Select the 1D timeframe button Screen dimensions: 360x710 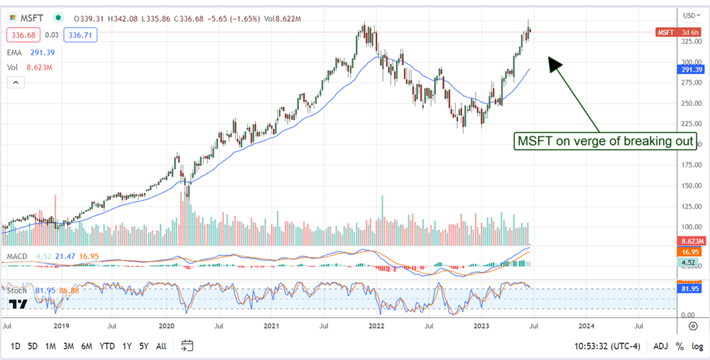pyautogui.click(x=16, y=346)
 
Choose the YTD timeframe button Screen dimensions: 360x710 pyautogui.click(x=108, y=346)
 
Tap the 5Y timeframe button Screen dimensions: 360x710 pyautogui.click(x=143, y=346)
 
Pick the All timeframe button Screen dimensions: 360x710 pyautogui.click(x=161, y=346)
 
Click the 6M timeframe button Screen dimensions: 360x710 pyautogui.click(x=87, y=346)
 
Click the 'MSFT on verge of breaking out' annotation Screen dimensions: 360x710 pyautogui.click(x=603, y=141)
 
